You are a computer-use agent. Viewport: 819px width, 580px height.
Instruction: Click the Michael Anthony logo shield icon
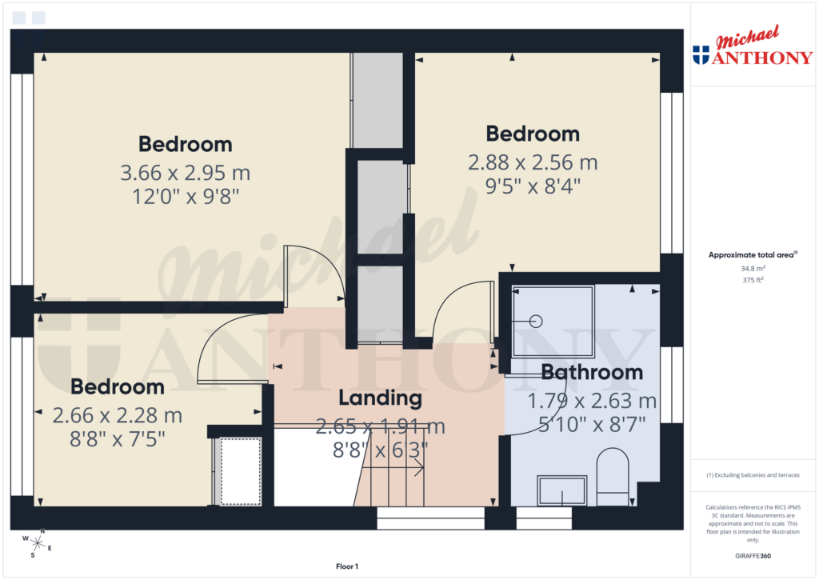pos(701,55)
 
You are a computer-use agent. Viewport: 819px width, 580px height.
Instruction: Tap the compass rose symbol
pos(37,543)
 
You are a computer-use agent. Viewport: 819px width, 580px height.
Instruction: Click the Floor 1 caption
pos(347,566)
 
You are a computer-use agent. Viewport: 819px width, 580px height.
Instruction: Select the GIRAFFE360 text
pos(753,556)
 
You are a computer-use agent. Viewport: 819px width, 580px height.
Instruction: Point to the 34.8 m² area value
pos(752,269)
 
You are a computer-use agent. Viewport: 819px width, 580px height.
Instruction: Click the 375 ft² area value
pos(752,280)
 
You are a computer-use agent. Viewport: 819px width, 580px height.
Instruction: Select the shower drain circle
pos(536,322)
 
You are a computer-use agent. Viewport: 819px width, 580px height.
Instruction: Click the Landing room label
pos(379,398)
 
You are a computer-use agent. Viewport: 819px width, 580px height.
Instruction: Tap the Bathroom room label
pos(591,372)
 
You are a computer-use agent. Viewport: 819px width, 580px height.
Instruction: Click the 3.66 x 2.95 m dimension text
pos(185,172)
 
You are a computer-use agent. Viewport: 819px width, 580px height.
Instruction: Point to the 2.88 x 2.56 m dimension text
pos(532,162)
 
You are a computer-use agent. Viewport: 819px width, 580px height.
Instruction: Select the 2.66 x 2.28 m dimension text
pos(118,416)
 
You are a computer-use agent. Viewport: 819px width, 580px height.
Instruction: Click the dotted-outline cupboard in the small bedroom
pos(241,470)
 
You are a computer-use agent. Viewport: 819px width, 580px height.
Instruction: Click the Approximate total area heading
pos(752,255)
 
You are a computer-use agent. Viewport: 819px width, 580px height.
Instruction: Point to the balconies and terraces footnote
pos(752,475)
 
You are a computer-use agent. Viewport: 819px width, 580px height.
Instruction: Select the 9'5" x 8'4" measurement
pos(532,186)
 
